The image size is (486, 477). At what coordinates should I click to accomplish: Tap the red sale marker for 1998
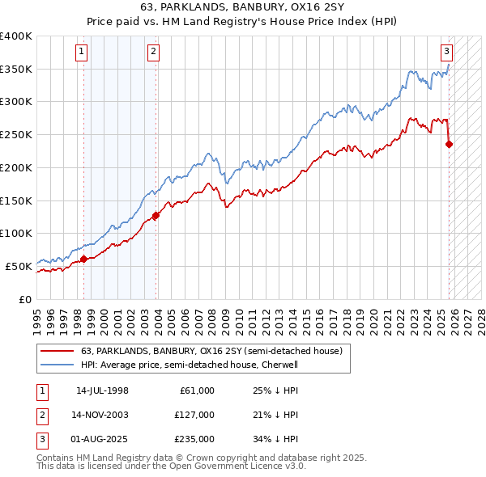pyautogui.click(x=83, y=259)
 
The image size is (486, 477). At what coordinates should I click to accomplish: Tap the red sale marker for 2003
pyautogui.click(x=156, y=215)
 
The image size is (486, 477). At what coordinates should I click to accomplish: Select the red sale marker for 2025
pyautogui.click(x=450, y=145)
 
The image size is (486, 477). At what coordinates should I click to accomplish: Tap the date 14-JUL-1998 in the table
pyautogui.click(x=102, y=390)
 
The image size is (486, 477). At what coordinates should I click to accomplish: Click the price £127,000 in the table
pyautogui.click(x=194, y=415)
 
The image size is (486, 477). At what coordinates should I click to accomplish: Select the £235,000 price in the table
pyautogui.click(x=194, y=439)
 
